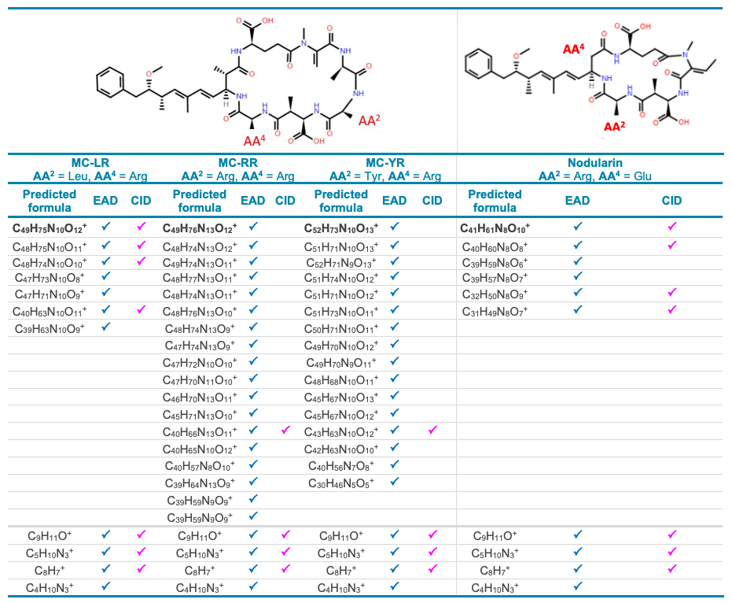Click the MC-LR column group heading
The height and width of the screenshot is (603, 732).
90,163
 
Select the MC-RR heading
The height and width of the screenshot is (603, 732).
238,163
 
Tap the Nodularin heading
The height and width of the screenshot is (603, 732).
594,163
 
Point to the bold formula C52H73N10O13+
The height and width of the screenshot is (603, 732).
341,228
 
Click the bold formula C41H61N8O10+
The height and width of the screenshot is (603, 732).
495,228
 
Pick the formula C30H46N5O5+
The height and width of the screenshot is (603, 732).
341,483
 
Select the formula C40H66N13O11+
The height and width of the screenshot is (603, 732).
200,431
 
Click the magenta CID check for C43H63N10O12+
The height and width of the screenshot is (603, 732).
432,430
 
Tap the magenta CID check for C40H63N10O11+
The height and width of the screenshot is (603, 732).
141,309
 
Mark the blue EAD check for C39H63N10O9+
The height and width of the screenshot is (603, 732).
106,326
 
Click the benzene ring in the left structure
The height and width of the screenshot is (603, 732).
111,83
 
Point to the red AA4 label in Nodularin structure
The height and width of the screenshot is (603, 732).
573,49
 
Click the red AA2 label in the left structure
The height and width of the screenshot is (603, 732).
370,120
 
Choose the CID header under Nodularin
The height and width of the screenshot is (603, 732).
671,201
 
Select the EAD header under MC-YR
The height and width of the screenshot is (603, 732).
395,201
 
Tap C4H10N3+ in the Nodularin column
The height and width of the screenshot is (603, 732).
495,587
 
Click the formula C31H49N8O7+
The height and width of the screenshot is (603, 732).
495,311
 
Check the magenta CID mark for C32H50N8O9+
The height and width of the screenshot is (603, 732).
671,292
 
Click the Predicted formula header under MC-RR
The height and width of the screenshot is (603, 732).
200,201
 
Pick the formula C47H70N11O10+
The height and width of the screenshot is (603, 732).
200,380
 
